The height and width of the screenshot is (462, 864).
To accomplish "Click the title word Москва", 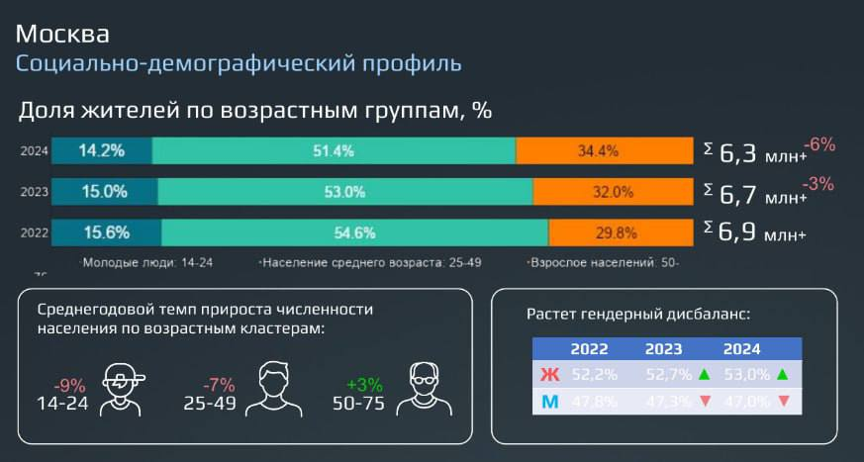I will [x=62, y=34].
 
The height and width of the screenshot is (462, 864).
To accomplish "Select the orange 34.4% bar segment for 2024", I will [x=605, y=151].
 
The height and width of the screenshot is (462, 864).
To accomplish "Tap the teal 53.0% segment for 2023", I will [x=344, y=192].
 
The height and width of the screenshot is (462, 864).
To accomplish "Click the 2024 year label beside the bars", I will [x=35, y=151].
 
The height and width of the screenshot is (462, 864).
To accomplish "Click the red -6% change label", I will [x=819, y=144].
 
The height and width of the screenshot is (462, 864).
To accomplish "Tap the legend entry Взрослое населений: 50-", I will [x=604, y=263].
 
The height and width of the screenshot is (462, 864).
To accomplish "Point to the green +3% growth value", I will [x=364, y=384].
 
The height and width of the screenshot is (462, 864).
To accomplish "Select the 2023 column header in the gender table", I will [x=664, y=349].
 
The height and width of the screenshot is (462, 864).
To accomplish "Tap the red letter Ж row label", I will [x=550, y=375].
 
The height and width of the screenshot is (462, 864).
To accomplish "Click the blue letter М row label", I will [x=550, y=402].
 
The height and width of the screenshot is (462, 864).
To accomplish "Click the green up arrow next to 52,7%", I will [x=704, y=375].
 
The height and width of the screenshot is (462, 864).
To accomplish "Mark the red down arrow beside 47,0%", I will [x=783, y=402].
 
